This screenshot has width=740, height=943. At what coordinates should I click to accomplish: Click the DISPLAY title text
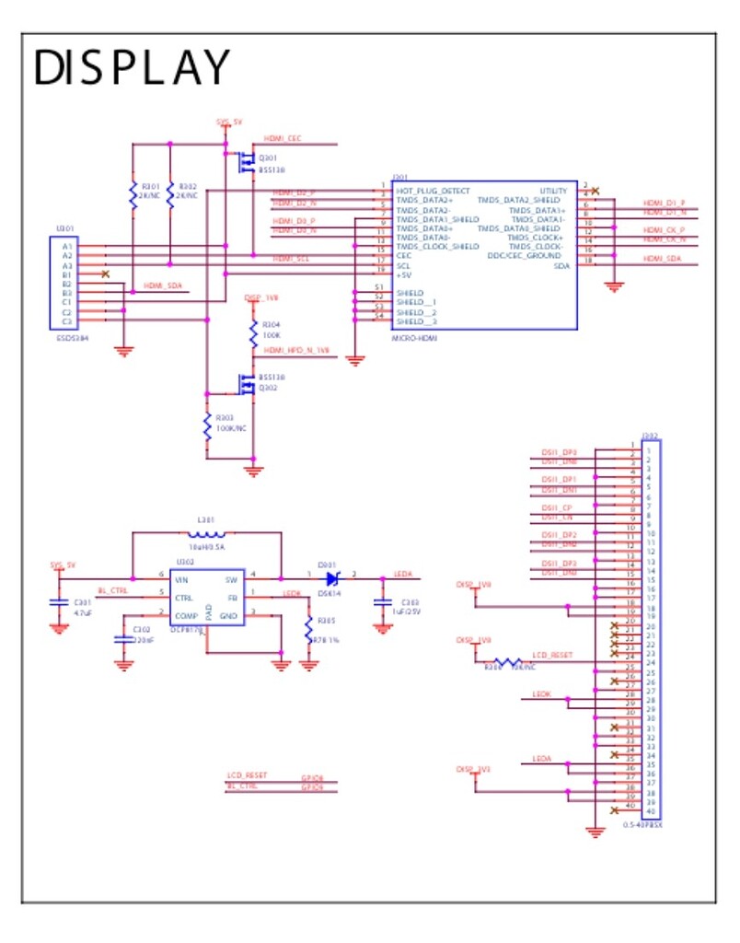[131, 68]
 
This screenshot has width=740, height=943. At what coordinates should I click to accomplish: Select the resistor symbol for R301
[134, 196]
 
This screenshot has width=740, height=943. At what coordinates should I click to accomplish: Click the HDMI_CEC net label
[282, 138]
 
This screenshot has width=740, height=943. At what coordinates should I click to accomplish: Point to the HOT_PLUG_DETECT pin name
[433, 191]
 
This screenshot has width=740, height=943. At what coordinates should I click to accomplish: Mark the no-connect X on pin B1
[106, 274]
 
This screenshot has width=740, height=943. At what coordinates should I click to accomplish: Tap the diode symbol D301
[333, 578]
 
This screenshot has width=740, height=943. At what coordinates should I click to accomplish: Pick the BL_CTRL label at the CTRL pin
[112, 591]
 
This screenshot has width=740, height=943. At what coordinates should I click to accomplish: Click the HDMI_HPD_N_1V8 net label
[295, 351]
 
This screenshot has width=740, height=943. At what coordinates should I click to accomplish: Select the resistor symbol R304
[253, 332]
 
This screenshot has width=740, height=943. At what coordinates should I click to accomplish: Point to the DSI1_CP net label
[557, 507]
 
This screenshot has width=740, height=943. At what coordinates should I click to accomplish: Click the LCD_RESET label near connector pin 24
[553, 655]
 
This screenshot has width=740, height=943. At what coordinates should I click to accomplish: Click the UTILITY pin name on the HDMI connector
[553, 191]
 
